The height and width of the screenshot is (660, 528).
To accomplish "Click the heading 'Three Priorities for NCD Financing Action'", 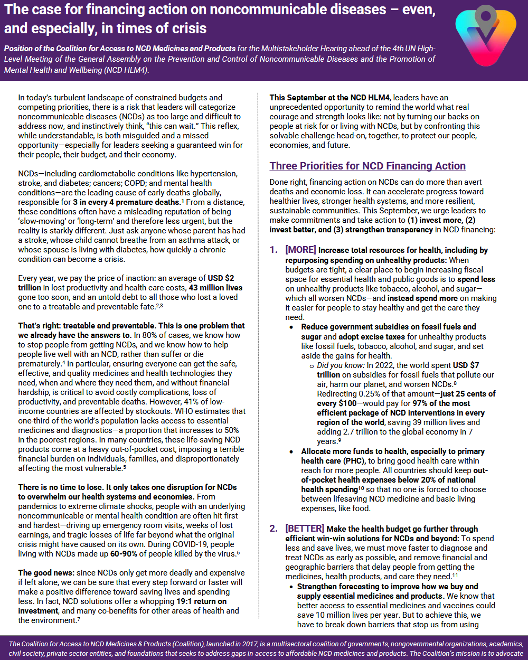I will pos(367,166).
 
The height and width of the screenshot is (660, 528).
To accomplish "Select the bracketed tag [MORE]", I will pos(300,250).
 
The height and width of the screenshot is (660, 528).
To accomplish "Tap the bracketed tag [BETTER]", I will pos(305,529).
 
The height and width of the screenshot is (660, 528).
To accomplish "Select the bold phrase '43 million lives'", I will pos(216,288).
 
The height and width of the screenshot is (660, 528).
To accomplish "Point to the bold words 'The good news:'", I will pos(46,573).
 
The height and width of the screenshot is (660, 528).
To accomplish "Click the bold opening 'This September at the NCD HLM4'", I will pos(330,98).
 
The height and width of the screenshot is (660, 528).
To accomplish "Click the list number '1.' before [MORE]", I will pos(274,250).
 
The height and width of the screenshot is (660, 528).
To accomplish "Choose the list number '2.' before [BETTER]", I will pos(274,529).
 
